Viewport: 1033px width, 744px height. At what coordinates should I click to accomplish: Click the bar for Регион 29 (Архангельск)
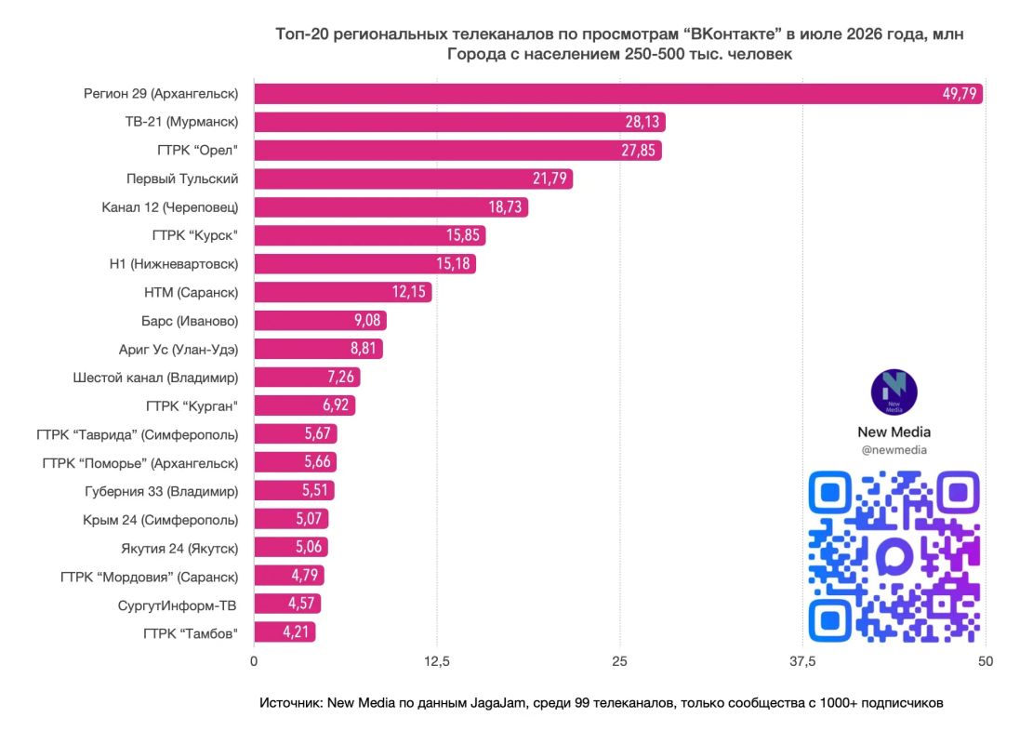click(618, 94)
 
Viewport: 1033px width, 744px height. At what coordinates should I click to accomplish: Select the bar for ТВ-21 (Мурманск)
click(460, 122)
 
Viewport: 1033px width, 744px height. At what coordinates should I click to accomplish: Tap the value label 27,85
click(639, 151)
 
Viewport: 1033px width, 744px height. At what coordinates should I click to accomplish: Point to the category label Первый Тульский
click(182, 179)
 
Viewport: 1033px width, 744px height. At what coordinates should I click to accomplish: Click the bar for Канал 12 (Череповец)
click(391, 206)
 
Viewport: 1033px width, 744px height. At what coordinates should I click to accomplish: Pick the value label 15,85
click(462, 235)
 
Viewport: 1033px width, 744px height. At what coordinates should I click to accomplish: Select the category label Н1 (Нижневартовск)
click(174, 264)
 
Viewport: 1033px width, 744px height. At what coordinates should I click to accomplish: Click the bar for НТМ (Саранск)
click(343, 292)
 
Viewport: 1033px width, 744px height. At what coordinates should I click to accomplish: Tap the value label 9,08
click(367, 320)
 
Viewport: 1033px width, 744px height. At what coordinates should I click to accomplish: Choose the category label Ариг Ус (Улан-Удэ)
click(179, 350)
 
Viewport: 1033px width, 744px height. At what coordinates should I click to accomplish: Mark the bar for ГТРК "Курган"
click(305, 405)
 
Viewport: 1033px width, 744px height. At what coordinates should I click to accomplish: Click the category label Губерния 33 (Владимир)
click(162, 492)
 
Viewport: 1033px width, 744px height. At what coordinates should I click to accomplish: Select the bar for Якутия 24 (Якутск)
click(291, 547)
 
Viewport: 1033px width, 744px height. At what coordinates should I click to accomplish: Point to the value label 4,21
click(296, 632)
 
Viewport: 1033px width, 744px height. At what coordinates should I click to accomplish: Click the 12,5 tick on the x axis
click(437, 661)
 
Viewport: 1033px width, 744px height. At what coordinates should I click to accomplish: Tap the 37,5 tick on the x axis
click(802, 661)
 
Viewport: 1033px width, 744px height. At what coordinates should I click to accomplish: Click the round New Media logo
click(894, 392)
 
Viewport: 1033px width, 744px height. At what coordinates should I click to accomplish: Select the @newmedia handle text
click(894, 450)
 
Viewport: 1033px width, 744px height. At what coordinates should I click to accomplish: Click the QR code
click(894, 556)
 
